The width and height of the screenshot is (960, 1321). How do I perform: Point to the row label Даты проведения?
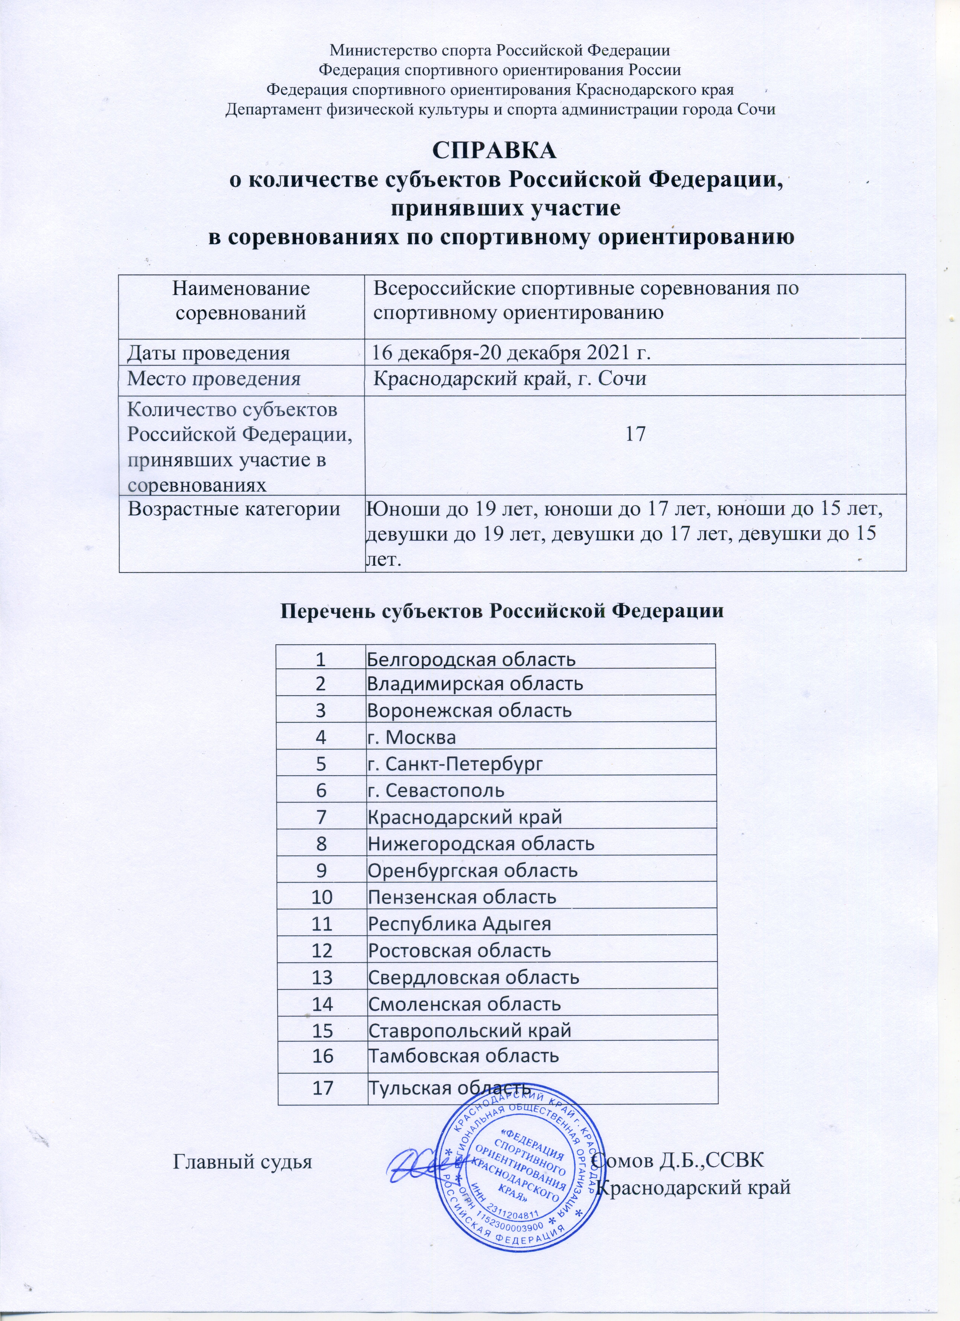pos(209,352)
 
